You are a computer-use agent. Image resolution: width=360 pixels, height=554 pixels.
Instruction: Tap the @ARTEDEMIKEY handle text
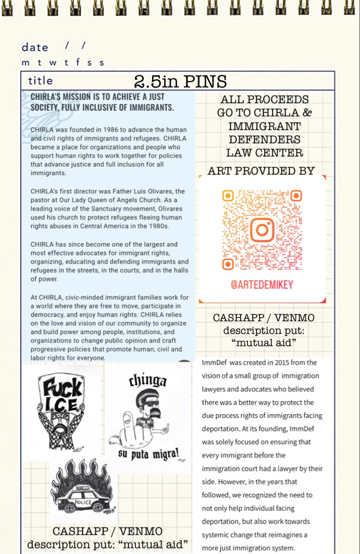point(262,285)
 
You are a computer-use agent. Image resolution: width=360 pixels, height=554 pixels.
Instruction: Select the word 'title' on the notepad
point(41,81)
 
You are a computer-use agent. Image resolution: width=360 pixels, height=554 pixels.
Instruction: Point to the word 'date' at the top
point(35,47)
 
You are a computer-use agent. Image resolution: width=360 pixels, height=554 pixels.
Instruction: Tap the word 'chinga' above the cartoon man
point(148,380)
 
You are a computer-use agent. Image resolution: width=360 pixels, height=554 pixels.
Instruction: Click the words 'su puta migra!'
point(148,454)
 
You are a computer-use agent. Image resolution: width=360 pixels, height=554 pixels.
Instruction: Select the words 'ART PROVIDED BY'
point(261,171)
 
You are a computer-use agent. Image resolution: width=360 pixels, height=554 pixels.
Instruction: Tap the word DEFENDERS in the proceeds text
point(264,139)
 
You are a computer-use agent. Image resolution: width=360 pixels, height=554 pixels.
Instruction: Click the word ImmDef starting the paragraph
point(215,363)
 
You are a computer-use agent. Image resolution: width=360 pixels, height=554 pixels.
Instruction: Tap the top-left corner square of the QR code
point(228,196)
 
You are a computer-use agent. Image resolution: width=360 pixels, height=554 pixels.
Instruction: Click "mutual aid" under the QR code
point(264,343)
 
